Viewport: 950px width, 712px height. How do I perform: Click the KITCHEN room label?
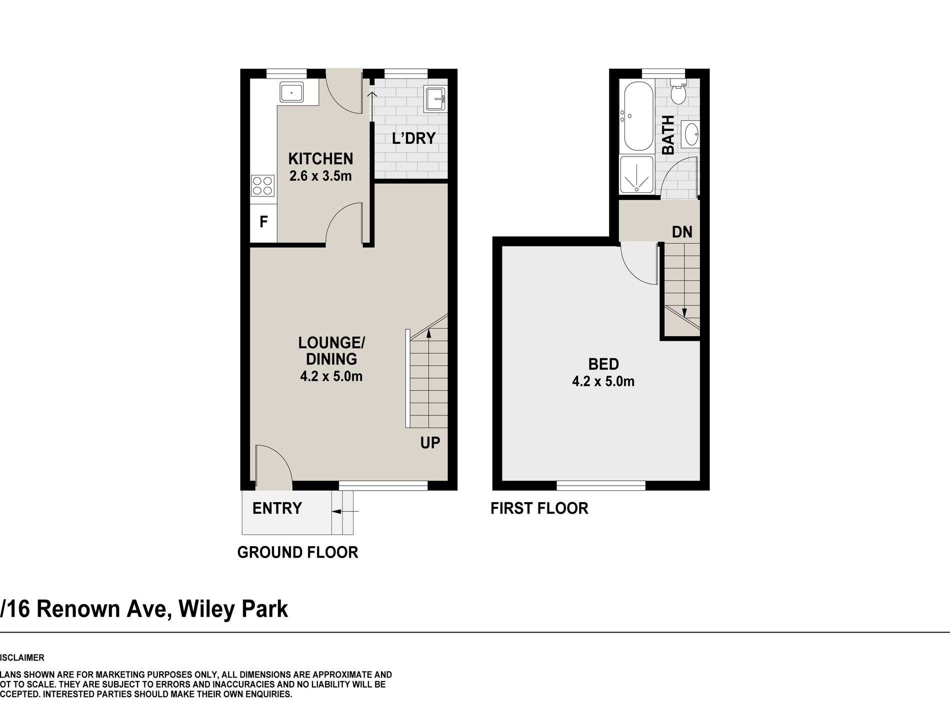pos(320,159)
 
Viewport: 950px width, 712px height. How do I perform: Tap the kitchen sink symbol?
pos(291,93)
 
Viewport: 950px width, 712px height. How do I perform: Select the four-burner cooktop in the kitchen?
pos(262,186)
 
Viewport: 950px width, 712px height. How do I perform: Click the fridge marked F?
pos(263,221)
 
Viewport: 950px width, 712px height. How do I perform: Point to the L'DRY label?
pos(413,138)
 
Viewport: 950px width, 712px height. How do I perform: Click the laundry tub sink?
pos(435,99)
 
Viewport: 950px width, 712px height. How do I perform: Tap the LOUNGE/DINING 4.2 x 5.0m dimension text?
pos(331,376)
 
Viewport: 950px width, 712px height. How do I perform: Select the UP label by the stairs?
pos(430,443)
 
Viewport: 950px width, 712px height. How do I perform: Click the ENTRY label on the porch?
pos(277,509)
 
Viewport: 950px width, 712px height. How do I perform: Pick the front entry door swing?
pos(272,467)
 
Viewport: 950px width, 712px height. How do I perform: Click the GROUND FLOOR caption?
pos(297,553)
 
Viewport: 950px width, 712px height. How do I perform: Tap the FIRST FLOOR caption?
pos(539,509)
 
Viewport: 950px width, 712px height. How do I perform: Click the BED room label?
pos(603,364)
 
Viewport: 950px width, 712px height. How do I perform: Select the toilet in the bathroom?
pos(678,93)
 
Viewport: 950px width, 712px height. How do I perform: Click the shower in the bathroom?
pos(636,175)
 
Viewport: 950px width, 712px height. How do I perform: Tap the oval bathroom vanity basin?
pos(691,134)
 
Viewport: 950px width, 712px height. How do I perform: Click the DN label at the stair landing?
pos(682,232)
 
